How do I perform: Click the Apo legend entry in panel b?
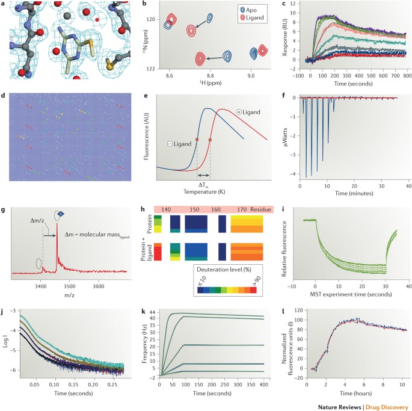pyautogui.click(x=248, y=10)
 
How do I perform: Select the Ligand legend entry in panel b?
pyautogui.click(x=252, y=18)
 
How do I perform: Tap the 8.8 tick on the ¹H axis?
pyautogui.click(x=210, y=76)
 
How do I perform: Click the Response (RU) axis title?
pyautogui.click(x=284, y=37)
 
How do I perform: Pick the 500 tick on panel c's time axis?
pyautogui.click(x=371, y=76)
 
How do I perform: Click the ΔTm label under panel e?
pyautogui.click(x=204, y=184)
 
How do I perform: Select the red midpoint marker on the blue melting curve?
pyautogui.click(x=197, y=140)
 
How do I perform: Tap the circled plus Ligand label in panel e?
pyautogui.click(x=248, y=112)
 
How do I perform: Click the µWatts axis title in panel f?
pyautogui.click(x=285, y=137)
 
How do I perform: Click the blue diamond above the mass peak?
pyautogui.click(x=61, y=214)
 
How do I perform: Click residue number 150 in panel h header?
pyautogui.click(x=194, y=209)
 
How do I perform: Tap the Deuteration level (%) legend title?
pyautogui.click(x=224, y=270)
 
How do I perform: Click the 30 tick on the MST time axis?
pyautogui.click(x=386, y=286)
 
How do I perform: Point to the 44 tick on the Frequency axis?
pyautogui.click(x=152, y=312)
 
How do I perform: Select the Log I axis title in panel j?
pyautogui.click(x=6, y=340)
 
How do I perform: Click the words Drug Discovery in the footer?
pyautogui.click(x=387, y=407)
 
